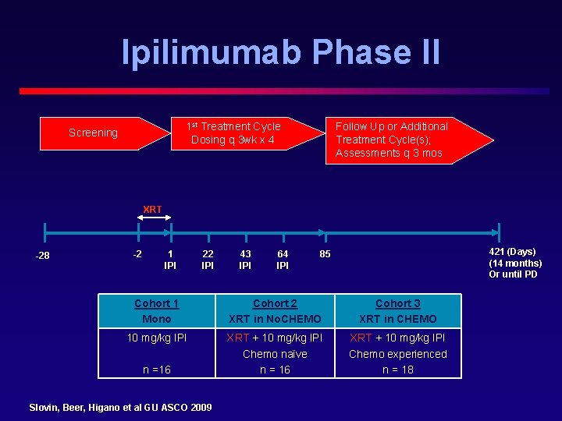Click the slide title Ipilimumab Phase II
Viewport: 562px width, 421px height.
[x=281, y=51]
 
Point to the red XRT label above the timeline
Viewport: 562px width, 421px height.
[x=152, y=209]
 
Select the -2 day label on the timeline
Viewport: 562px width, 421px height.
[x=137, y=253]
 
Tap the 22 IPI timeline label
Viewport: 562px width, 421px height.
[x=208, y=260]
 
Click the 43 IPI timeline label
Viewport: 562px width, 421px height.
[x=245, y=260]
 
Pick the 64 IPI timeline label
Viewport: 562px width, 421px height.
[x=283, y=260]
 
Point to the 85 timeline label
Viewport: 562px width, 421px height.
[x=325, y=253]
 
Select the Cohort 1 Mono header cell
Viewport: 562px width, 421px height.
[x=156, y=311]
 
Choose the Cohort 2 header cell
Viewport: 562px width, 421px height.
[x=275, y=311]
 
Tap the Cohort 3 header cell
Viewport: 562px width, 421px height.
[x=398, y=311]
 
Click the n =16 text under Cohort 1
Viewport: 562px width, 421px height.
[x=156, y=370]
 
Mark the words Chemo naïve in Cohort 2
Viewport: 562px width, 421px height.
[x=275, y=354]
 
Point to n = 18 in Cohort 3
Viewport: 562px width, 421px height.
[x=398, y=370]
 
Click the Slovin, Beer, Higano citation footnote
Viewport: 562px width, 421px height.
[x=120, y=407]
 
